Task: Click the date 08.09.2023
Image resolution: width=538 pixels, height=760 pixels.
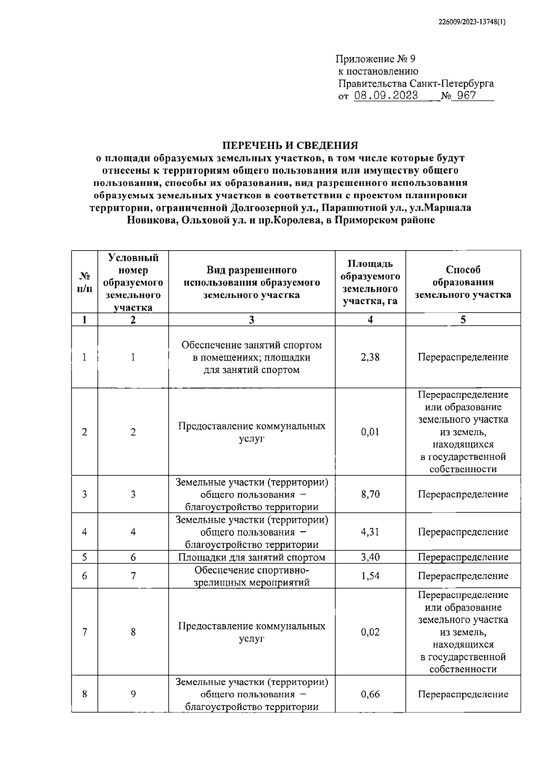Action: [x=386, y=96]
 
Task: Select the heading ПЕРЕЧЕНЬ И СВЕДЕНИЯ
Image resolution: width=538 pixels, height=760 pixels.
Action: [x=291, y=145]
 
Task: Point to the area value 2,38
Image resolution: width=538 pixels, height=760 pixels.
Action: [x=370, y=357]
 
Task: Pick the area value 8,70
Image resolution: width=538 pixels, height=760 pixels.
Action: [x=370, y=494]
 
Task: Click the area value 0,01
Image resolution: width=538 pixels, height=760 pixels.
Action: [x=370, y=432]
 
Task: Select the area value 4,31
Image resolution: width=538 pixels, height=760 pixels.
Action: [x=370, y=532]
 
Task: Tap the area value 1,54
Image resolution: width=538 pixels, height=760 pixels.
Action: [x=370, y=576]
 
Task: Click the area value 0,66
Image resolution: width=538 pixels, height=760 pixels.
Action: [x=370, y=694]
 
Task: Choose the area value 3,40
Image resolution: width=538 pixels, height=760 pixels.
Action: [x=370, y=557]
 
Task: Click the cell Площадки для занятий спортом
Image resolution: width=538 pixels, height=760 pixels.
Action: [x=252, y=557]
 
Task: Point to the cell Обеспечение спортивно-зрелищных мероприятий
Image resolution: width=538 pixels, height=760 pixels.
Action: [x=252, y=576]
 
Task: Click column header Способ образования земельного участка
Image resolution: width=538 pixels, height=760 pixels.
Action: [x=463, y=282]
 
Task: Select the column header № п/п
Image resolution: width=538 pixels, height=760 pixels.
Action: [x=85, y=282]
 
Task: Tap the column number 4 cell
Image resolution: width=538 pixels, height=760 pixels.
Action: [x=370, y=319]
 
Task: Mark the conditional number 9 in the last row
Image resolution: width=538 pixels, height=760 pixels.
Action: [x=133, y=694]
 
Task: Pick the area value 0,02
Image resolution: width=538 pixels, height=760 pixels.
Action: [x=370, y=632]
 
